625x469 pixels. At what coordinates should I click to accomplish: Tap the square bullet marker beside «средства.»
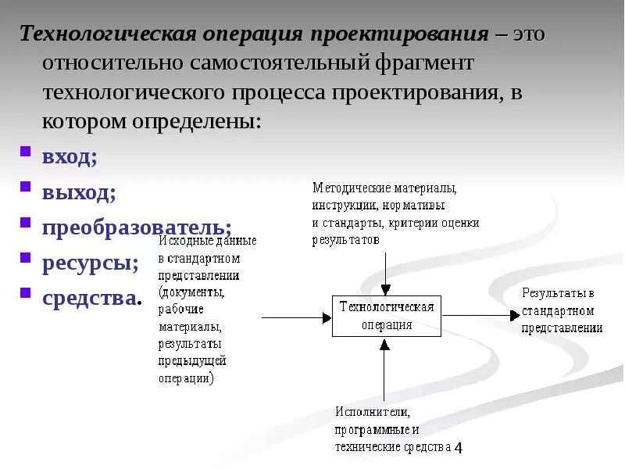(x=25, y=294)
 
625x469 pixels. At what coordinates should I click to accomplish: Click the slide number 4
(x=459, y=448)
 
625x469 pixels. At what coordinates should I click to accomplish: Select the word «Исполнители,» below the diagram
(x=373, y=412)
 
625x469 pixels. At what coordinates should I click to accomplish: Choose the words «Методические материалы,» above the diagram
(x=384, y=188)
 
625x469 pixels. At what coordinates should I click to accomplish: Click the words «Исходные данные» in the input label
(x=207, y=240)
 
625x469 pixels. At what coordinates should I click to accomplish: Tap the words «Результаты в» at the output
(x=558, y=294)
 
